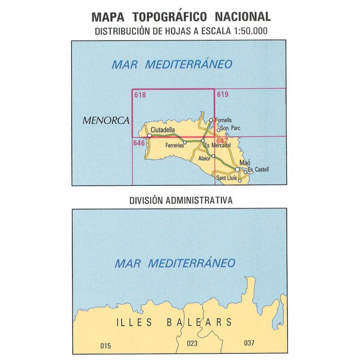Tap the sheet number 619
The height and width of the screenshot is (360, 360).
tap(222, 95)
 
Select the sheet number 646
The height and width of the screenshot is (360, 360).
tap(139, 142)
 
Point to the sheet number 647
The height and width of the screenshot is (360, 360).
tap(221, 141)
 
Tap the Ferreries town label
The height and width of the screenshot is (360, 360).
tap(174, 146)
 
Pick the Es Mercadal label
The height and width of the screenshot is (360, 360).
tap(216, 146)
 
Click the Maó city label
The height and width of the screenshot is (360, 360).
tap(244, 163)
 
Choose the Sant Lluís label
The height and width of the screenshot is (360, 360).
tap(226, 178)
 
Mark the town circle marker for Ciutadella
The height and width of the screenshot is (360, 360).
tap(150, 136)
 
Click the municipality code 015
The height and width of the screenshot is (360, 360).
tap(105, 345)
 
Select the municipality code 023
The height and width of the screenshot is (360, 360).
tap(192, 343)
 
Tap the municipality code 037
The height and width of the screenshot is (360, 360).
tap(249, 343)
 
